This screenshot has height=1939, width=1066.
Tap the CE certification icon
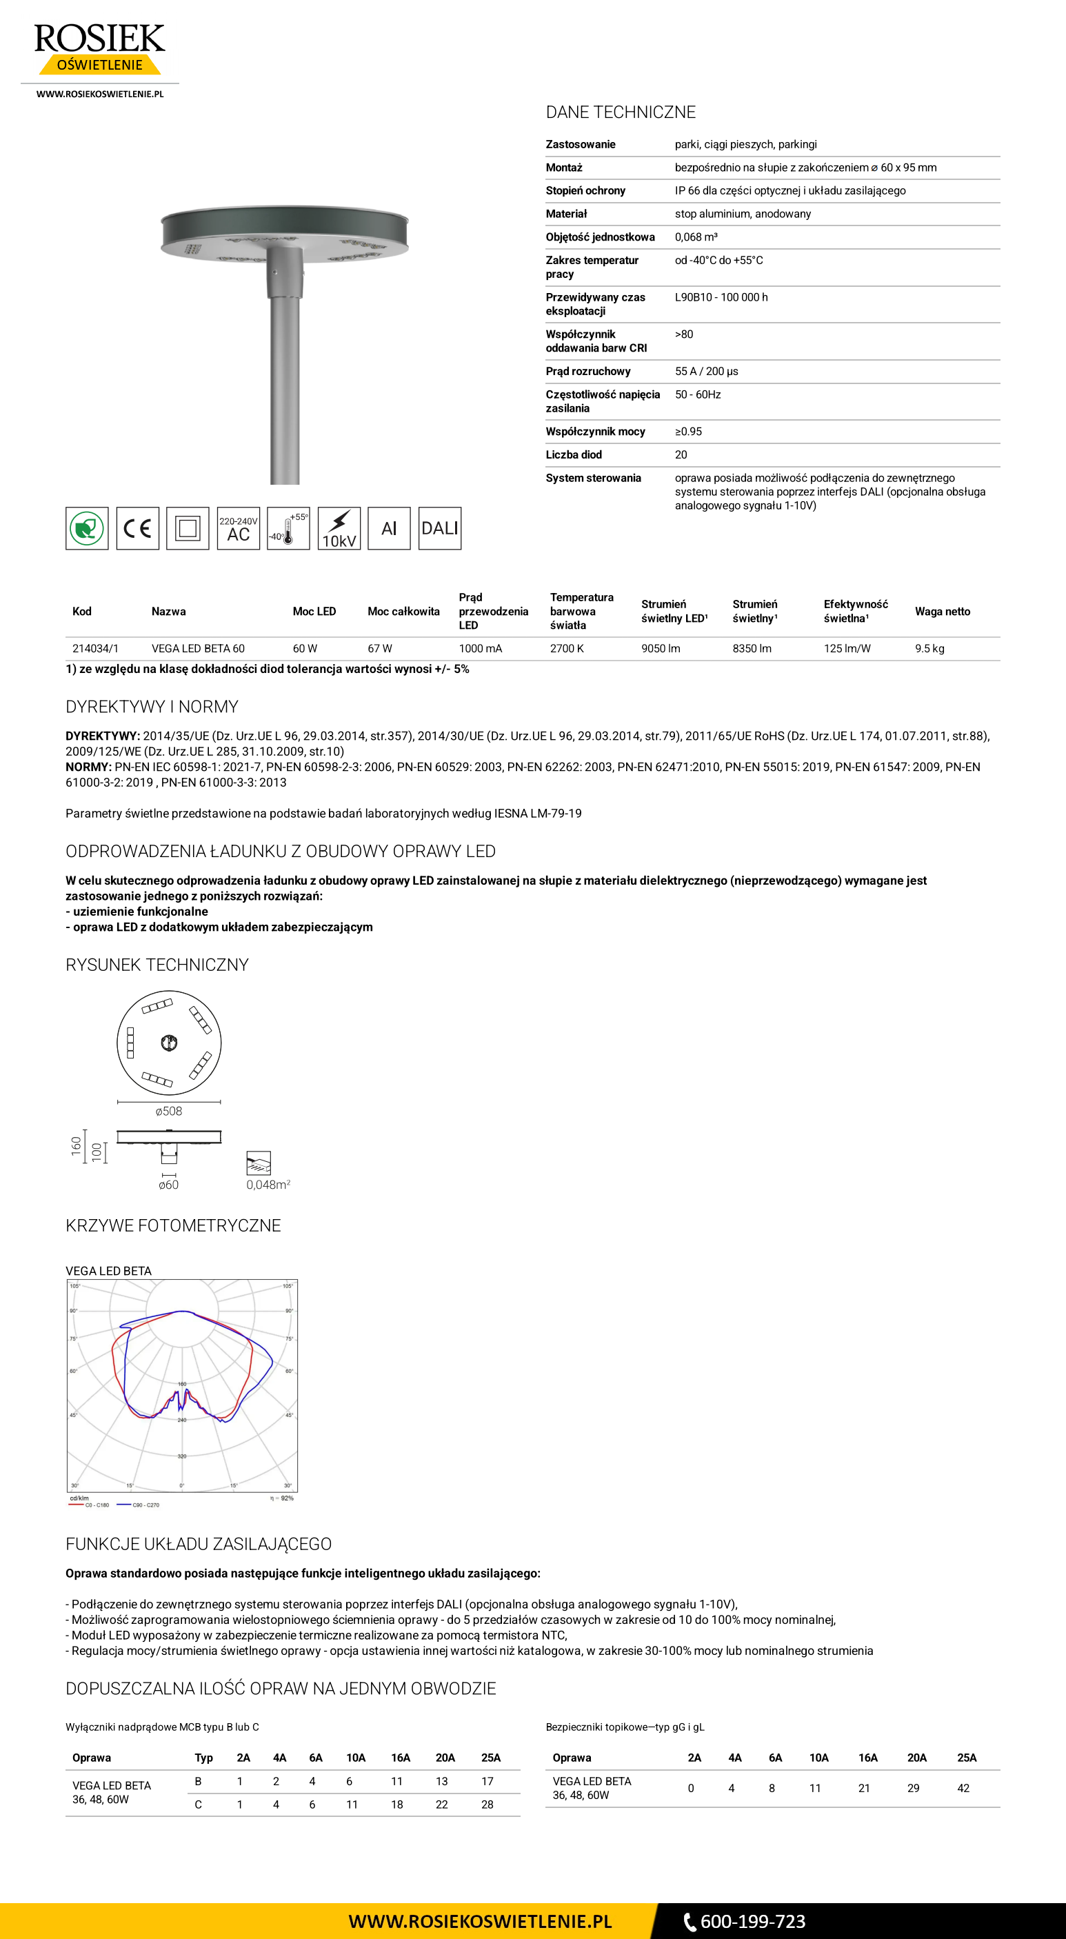(x=138, y=528)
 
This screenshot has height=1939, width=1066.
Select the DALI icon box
(x=440, y=528)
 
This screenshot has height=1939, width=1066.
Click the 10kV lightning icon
(x=339, y=528)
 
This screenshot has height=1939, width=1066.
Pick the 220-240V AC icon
(x=238, y=528)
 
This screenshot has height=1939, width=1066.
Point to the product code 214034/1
(x=95, y=648)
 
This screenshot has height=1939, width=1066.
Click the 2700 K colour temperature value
(x=567, y=648)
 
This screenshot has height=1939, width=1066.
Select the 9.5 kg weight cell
(x=929, y=648)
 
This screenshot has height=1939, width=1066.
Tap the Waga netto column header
(x=942, y=611)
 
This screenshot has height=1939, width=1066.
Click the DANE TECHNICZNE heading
(x=621, y=112)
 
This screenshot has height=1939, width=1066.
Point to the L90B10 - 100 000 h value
(x=721, y=297)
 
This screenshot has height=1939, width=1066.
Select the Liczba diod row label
(x=574, y=454)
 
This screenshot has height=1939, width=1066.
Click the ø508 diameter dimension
(x=169, y=1111)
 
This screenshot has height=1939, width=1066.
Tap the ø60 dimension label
(x=169, y=1185)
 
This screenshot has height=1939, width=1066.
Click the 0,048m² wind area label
(x=268, y=1185)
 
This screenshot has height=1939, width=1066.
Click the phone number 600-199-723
(x=752, y=1921)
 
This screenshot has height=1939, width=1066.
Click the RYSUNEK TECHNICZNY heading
(x=157, y=965)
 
